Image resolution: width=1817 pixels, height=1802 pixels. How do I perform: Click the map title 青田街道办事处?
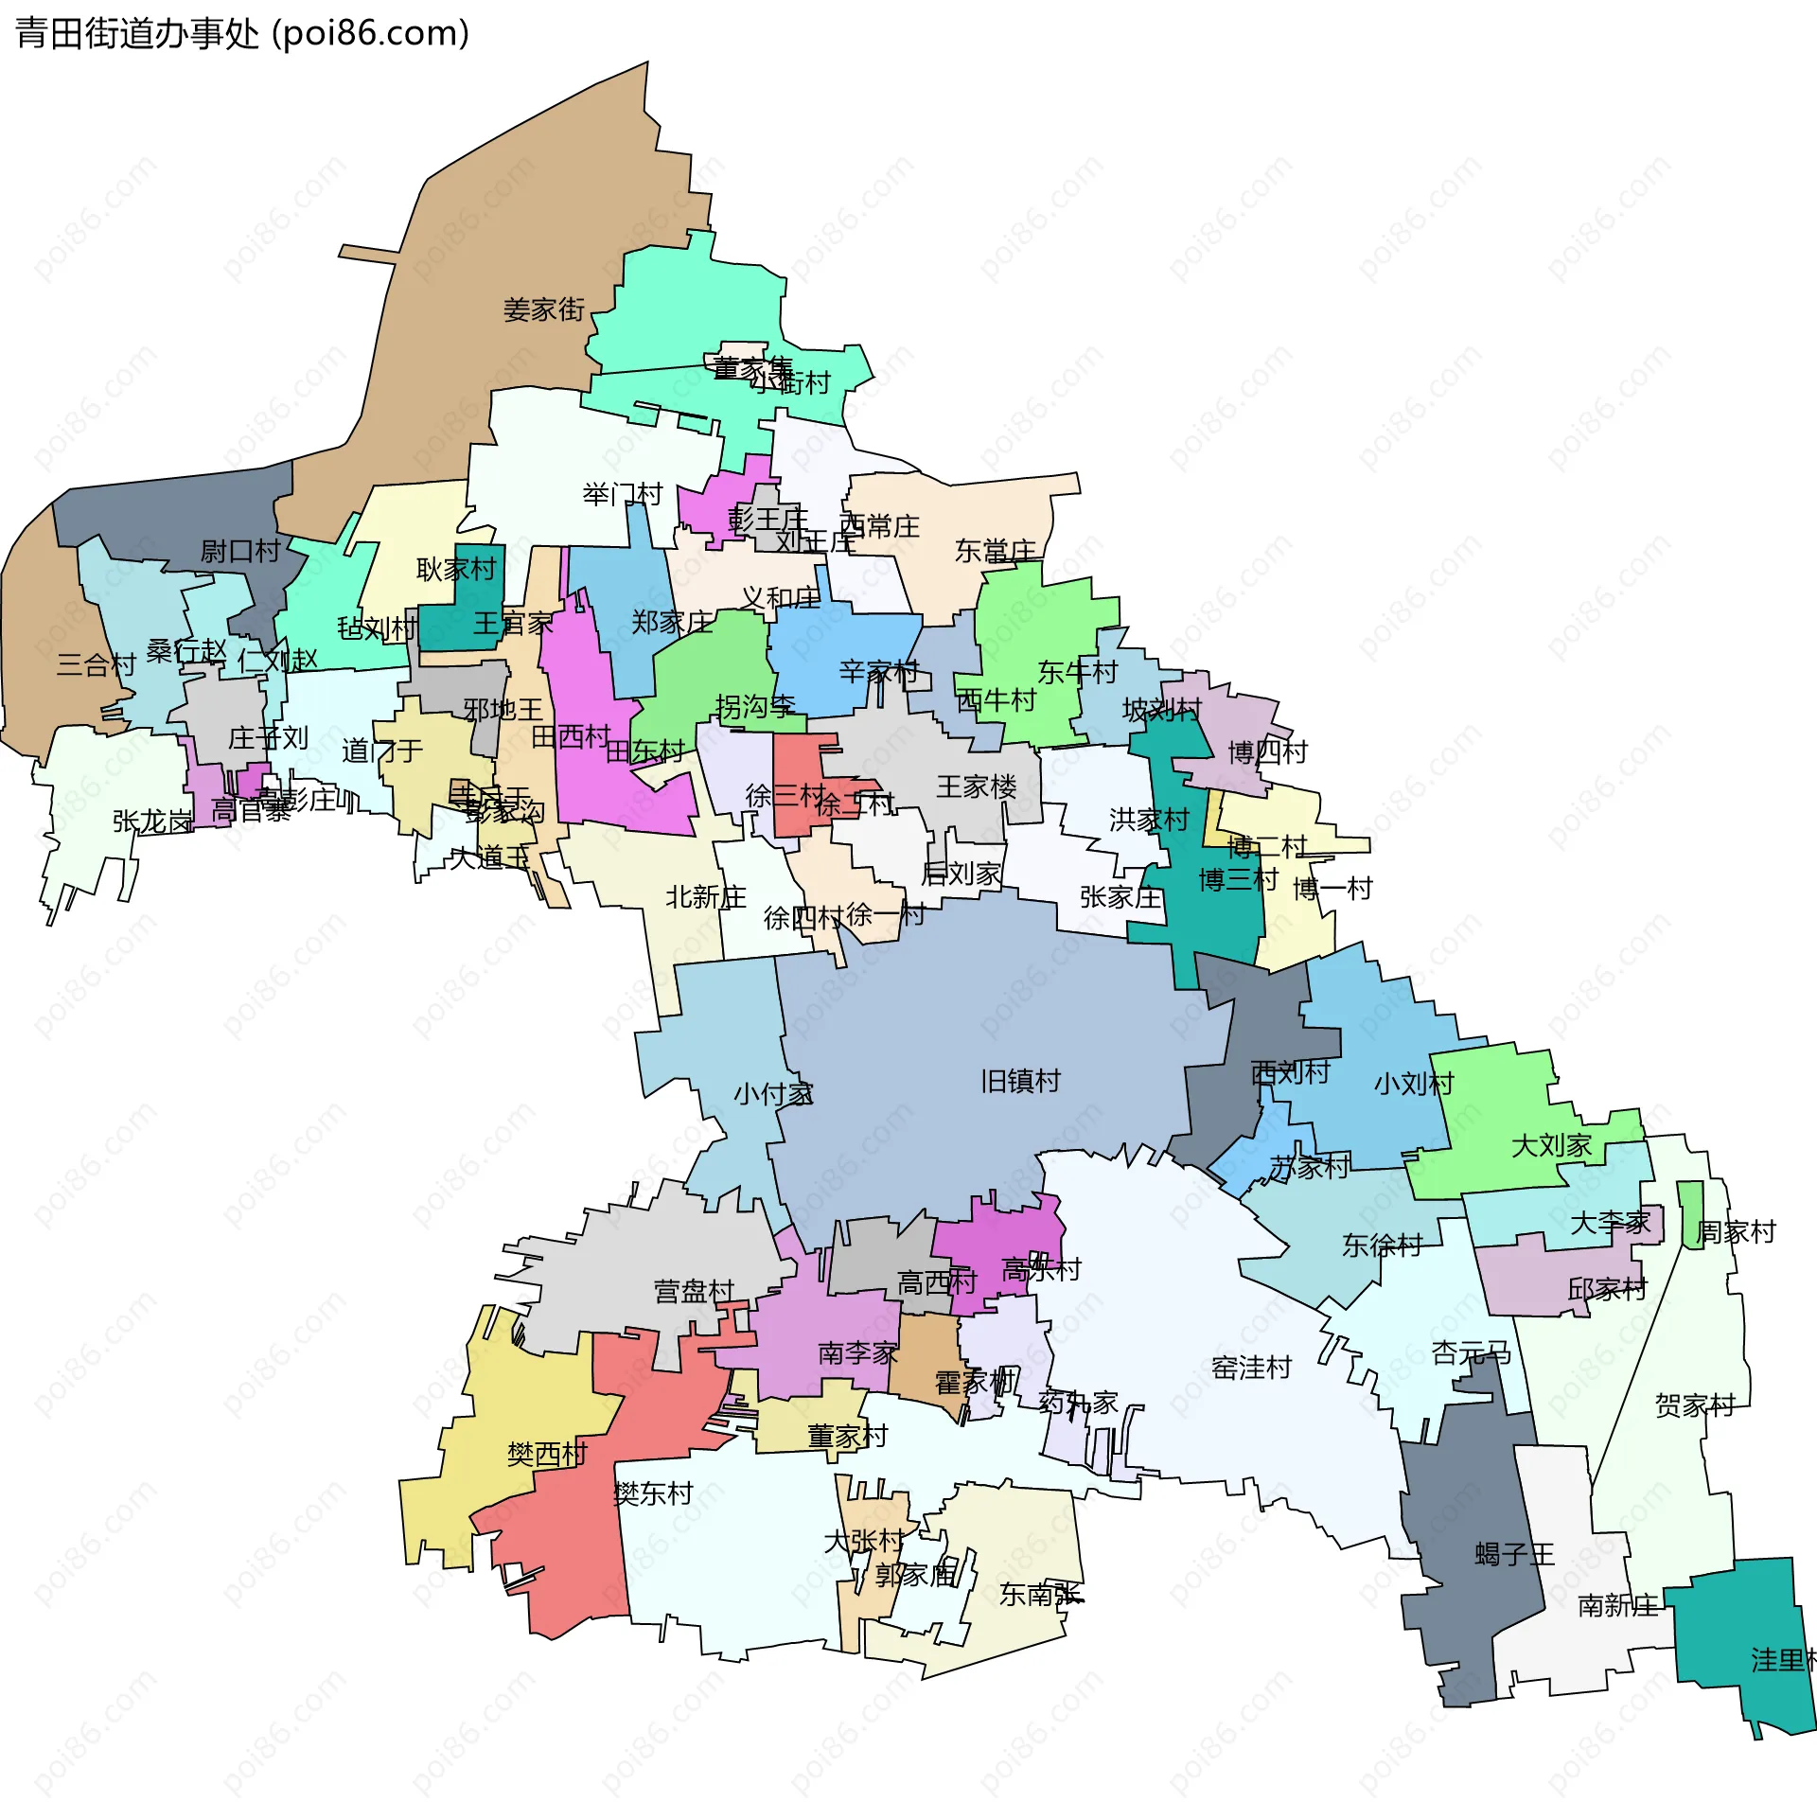click(137, 34)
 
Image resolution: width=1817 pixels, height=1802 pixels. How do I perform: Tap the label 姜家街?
click(544, 309)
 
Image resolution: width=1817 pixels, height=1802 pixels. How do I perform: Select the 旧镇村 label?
click(1020, 1081)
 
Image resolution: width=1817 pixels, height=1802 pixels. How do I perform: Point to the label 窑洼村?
click(1251, 1368)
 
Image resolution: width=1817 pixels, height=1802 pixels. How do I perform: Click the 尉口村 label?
click(240, 551)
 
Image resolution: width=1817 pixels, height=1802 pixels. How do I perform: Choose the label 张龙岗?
click(152, 821)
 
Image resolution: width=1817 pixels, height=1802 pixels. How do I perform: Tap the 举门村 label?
click(623, 494)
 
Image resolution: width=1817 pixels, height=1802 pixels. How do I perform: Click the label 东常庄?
click(996, 550)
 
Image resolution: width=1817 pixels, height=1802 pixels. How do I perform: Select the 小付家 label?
click(773, 1094)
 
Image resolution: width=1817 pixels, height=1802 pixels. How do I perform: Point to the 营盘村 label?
click(694, 1291)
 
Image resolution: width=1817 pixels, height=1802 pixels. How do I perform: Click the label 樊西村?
click(547, 1454)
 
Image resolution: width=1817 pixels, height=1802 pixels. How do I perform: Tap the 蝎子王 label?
click(1514, 1554)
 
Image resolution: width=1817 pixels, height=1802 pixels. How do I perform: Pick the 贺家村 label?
click(1695, 1405)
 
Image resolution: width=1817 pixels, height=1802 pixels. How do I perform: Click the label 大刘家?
click(1551, 1146)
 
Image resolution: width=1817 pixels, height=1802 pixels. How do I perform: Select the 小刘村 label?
click(1413, 1084)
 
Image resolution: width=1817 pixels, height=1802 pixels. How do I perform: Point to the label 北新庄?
click(706, 896)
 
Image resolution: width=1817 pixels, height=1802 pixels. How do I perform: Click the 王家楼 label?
click(977, 786)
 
